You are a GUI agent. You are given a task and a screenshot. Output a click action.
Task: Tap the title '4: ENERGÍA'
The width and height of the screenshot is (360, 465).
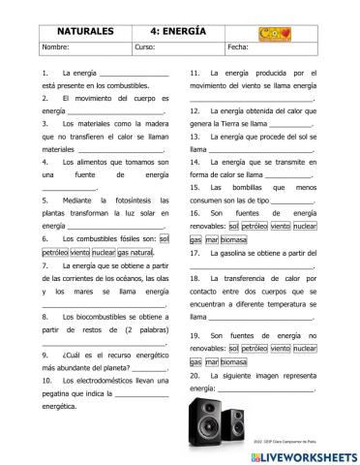178,31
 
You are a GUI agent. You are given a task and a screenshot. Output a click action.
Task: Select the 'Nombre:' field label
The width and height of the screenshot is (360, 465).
56,46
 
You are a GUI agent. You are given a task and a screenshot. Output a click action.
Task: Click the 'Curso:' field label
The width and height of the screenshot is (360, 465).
145,46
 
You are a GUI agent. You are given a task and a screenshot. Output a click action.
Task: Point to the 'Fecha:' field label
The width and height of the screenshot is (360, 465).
238,46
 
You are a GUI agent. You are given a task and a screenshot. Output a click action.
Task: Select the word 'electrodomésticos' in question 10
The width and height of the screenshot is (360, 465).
101,380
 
